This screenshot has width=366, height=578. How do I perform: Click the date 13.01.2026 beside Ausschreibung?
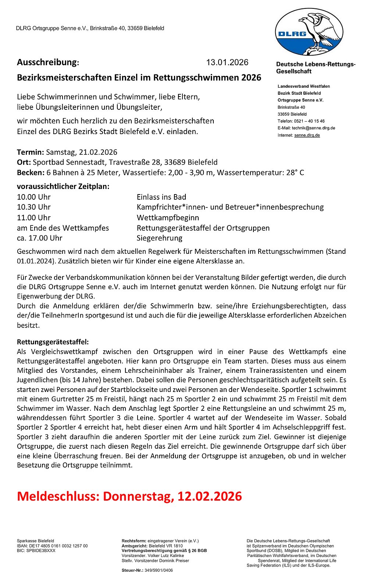click(227, 62)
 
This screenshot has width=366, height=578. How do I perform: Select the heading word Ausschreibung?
click(47, 62)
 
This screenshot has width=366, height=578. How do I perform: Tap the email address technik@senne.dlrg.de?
click(313, 128)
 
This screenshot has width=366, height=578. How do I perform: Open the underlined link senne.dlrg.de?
click(307, 135)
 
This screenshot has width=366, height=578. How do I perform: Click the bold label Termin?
click(31, 152)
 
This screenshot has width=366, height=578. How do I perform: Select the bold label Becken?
click(31, 173)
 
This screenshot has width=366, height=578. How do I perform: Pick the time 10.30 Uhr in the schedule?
click(34, 207)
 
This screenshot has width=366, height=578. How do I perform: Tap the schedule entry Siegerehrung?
click(159, 238)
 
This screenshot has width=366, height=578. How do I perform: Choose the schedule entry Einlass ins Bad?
click(161, 197)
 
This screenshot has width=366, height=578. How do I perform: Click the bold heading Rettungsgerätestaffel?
click(53, 342)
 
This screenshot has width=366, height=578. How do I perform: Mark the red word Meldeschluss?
click(57, 496)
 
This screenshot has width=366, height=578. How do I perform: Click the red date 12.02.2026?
click(210, 496)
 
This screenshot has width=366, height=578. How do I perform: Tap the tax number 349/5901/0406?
click(157, 570)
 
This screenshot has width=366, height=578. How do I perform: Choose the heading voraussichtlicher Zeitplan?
click(63, 186)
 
